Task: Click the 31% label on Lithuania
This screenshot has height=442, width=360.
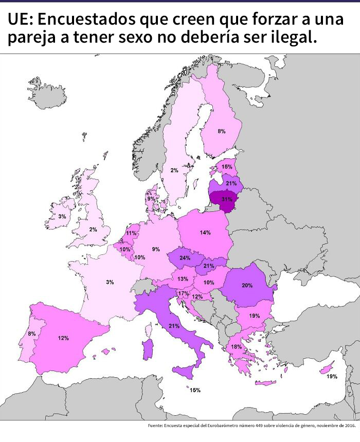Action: tap(227, 199)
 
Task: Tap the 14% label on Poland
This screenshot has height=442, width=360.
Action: tap(205, 233)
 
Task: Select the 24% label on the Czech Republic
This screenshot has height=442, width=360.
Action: tap(185, 258)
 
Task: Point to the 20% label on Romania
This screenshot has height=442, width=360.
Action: tap(246, 285)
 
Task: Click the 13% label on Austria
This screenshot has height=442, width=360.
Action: tap(182, 279)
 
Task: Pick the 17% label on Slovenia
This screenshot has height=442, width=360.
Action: tap(183, 293)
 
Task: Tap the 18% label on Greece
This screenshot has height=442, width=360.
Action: tap(236, 347)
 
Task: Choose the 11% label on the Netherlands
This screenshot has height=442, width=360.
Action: tap(131, 233)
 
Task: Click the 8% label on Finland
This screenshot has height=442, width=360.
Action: tap(221, 132)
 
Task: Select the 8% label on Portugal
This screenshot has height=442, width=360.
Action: tap(32, 334)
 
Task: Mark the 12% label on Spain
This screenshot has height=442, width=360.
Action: tap(63, 338)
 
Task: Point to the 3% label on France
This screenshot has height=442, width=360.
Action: tap(110, 282)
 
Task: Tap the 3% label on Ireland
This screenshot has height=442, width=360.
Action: tap(62, 217)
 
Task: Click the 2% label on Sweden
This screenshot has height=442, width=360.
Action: tap(174, 170)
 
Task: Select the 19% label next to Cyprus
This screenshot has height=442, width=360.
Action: tap(332, 377)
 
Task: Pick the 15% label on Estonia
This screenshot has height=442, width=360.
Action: tap(226, 167)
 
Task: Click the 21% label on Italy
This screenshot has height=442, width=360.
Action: tap(174, 326)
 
